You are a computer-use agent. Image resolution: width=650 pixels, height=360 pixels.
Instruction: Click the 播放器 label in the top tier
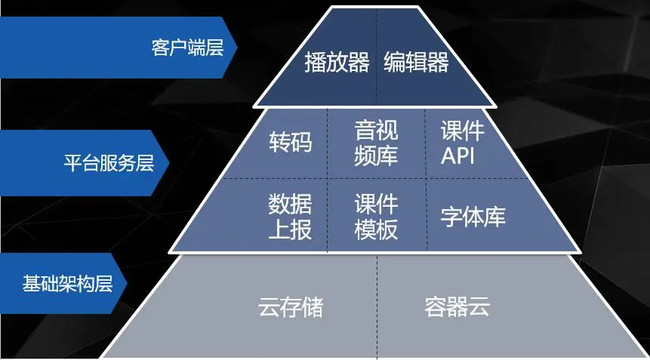[x=337, y=62]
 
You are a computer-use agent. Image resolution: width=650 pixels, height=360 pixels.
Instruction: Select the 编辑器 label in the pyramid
[x=416, y=62]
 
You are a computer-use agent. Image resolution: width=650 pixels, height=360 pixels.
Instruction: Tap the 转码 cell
[x=290, y=142]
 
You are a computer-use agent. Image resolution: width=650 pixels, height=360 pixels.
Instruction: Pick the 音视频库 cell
[x=376, y=142]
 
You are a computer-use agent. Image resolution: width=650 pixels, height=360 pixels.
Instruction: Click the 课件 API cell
[x=462, y=142]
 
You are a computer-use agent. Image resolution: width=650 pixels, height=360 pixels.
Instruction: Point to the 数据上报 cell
[x=290, y=216]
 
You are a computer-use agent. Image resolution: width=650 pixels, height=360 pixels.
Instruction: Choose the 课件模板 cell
[x=376, y=216]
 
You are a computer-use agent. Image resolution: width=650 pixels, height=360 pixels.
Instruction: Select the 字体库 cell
[x=473, y=217]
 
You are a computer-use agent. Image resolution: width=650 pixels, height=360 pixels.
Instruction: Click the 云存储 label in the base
[x=290, y=307]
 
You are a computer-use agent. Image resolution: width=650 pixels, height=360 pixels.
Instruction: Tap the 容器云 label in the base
[x=457, y=307]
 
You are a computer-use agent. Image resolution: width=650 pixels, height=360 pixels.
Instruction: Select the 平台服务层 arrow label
[x=109, y=163]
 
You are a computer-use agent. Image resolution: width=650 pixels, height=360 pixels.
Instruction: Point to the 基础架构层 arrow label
[x=67, y=285]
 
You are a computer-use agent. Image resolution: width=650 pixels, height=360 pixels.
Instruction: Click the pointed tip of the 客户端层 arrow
[x=237, y=48]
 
